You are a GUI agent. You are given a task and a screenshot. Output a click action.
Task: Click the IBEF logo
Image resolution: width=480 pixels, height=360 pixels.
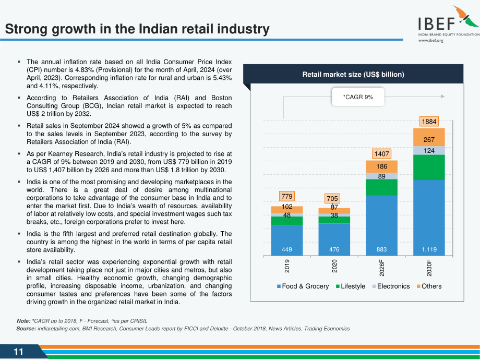449,24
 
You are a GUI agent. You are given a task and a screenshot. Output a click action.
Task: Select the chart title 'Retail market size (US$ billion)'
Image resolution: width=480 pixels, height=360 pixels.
353,75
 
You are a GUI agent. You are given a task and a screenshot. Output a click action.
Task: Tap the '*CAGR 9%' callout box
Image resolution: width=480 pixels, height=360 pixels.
358,97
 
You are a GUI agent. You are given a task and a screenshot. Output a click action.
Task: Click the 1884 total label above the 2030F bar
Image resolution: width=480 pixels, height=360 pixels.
429,122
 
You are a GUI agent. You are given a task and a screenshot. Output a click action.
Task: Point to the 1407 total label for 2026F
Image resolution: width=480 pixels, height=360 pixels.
381,154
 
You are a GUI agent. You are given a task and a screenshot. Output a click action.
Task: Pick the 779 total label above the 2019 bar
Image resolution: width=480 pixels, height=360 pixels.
287,196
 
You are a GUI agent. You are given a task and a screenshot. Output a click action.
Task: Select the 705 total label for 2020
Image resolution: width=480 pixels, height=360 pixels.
332,199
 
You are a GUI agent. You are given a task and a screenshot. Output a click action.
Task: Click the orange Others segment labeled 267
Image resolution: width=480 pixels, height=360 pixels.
429,137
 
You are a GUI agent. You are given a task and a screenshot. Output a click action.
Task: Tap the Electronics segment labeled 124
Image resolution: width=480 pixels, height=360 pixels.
429,151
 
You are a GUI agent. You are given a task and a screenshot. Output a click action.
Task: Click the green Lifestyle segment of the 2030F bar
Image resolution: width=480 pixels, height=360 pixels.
429,167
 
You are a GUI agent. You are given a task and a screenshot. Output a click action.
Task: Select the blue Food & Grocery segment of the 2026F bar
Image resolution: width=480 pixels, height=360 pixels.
381,225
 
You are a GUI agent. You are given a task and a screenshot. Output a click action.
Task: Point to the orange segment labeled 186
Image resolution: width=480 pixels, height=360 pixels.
381,167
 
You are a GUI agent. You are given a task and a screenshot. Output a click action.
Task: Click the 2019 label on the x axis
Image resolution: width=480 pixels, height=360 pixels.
287,266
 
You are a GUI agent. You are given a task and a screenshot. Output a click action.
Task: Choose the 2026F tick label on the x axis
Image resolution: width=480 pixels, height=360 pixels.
381,268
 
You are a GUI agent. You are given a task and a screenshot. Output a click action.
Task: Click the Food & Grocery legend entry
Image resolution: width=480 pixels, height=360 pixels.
303,286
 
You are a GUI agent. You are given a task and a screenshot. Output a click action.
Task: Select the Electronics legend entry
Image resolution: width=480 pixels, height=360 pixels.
391,286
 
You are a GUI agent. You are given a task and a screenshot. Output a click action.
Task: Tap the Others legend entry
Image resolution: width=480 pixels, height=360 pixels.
429,286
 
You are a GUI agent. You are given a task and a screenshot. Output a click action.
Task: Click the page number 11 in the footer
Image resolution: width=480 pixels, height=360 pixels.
18,352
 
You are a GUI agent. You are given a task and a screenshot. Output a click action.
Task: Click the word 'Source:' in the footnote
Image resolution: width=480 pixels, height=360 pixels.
26,329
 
